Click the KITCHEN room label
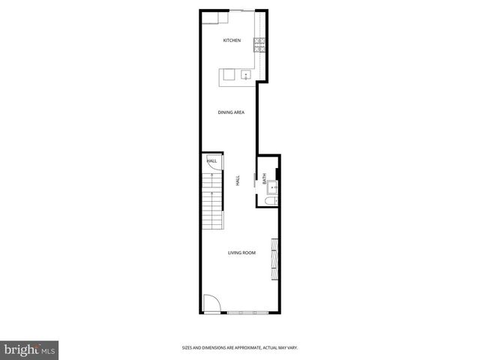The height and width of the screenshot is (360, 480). click(232, 40)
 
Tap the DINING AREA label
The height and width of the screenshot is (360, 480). click(231, 112)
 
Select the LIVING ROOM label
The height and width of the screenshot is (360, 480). click(241, 253)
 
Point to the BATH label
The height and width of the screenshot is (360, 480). click(264, 179)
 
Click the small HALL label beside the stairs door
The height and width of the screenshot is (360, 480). click(211, 160)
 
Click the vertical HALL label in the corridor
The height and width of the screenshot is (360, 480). click(238, 181)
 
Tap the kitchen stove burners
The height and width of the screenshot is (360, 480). click(259, 44)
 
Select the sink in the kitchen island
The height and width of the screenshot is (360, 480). click(244, 74)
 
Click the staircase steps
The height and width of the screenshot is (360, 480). click(213, 201)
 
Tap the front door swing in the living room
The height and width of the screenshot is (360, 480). click(211, 304)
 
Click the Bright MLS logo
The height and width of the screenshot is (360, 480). click(30, 349)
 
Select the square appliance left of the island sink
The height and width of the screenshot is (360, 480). click(228, 74)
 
